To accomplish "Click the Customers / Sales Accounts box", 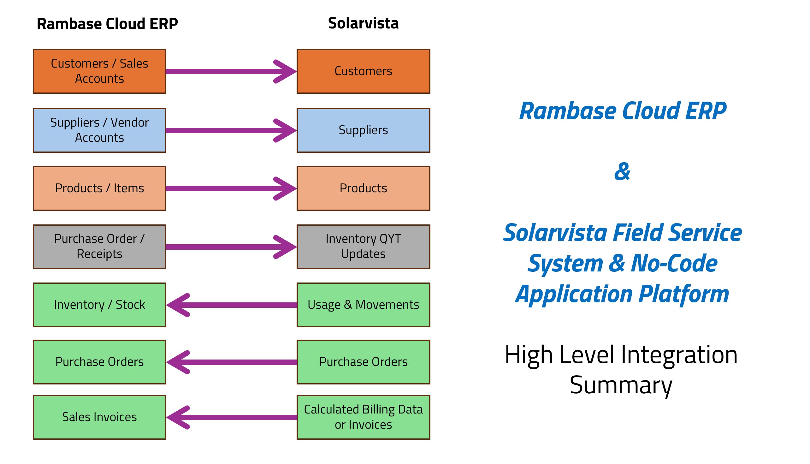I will pos(100,71).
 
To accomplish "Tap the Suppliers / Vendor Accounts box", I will pos(100,131).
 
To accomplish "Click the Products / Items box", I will pos(100,189).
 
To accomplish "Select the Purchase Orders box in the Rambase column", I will pos(100,362).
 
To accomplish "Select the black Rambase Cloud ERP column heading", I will pos(107,24).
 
